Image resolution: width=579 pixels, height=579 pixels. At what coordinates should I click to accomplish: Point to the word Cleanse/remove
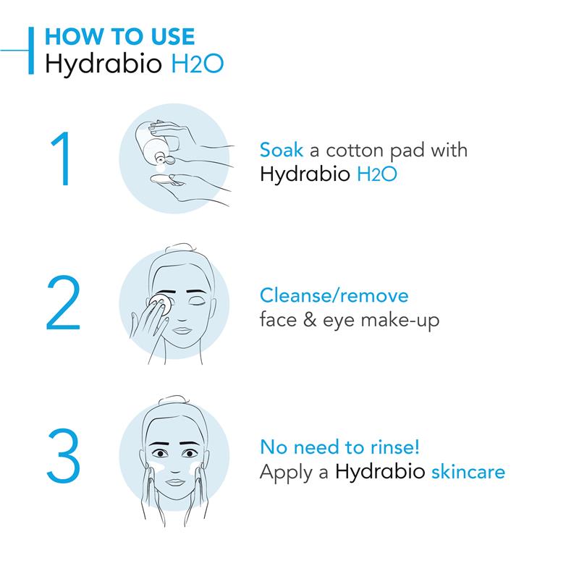click(334, 295)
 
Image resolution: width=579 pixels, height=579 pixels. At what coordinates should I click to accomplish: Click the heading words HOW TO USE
click(119, 36)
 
